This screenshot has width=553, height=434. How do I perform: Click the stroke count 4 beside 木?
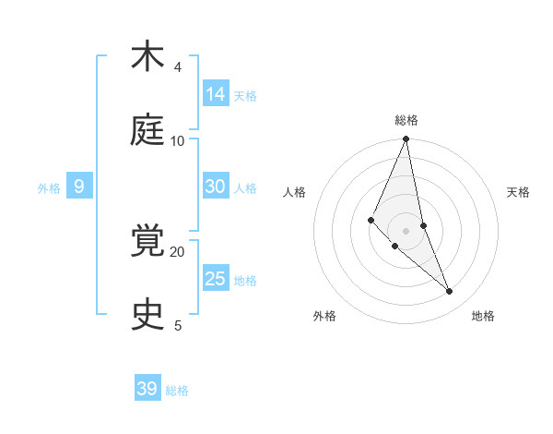[178, 67]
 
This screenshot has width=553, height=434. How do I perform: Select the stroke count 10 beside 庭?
[178, 141]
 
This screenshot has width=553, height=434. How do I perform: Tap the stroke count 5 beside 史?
[178, 325]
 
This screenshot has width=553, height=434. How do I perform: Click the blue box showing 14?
[216, 94]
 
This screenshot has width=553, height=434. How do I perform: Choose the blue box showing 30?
[216, 187]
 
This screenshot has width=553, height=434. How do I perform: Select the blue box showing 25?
[216, 279]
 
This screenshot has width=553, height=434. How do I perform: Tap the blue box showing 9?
[79, 187]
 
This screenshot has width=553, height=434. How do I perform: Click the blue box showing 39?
[147, 389]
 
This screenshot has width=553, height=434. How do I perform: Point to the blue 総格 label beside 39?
[177, 391]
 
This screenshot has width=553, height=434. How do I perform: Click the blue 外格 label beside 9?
[49, 188]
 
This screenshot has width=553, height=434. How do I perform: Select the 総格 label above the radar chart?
[406, 120]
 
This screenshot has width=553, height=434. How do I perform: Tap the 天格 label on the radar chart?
[518, 192]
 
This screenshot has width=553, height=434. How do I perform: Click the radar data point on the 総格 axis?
[406, 139]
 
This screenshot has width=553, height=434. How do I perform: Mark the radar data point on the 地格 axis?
[450, 292]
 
